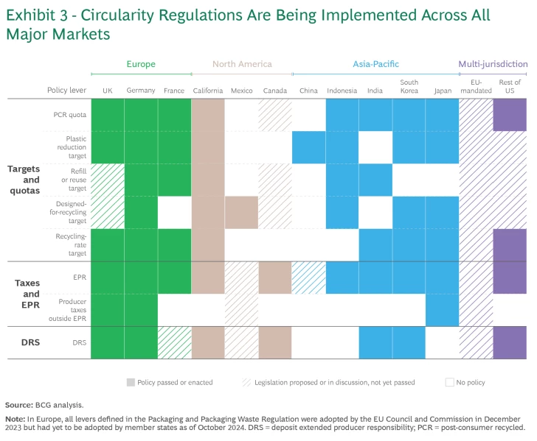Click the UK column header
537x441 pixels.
click(x=108, y=91)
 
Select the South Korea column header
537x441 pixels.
click(x=409, y=86)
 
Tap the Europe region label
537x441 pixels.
click(x=141, y=64)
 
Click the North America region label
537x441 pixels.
click(x=242, y=64)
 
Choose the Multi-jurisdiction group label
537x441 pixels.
click(x=493, y=64)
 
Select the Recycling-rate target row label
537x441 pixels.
click(x=72, y=244)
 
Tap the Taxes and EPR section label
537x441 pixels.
click(x=27, y=293)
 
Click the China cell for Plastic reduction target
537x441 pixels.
click(x=308, y=147)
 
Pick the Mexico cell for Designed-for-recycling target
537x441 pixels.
click(x=241, y=212)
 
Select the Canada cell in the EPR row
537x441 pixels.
click(x=275, y=278)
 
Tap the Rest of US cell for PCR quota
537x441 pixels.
click(x=510, y=115)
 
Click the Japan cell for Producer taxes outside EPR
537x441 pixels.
click(x=442, y=310)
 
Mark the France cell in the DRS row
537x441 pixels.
click(x=175, y=342)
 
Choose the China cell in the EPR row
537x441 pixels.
click(x=308, y=278)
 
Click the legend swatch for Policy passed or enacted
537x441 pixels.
click(x=131, y=382)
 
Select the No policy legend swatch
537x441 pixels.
click(x=449, y=382)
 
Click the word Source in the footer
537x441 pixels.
click(x=18, y=405)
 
